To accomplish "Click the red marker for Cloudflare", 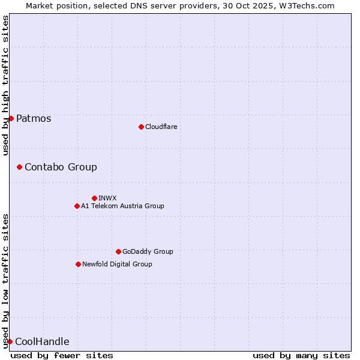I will tap(141, 127).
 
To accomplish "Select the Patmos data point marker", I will tap(11, 118).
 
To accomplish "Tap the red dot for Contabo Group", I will tap(19, 167).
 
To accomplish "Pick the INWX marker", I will tap(94, 198).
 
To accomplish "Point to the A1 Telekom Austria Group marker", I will tap(77, 206).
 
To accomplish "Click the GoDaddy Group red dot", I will tap(118, 251).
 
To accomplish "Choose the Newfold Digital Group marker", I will tap(78, 264).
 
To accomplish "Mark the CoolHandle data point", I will tap(10, 341).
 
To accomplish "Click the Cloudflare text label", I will tap(161, 127).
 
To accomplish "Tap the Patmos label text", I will tap(34, 118).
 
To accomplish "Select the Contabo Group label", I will tap(61, 167).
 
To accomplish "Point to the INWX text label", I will tap(107, 198).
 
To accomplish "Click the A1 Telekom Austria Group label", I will tap(122, 206).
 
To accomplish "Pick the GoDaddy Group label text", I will tap(148, 251).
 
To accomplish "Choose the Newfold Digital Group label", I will tap(117, 264).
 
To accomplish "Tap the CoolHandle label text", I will tap(42, 342).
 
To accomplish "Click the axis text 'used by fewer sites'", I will tap(62, 355).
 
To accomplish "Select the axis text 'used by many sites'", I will tap(301, 355).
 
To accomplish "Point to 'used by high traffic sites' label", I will tap(5, 85).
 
